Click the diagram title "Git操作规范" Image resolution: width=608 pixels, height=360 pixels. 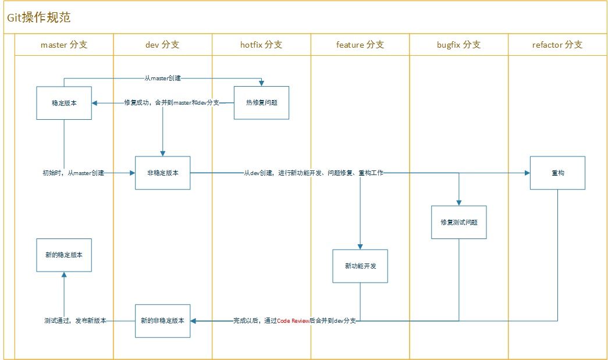pos(38,17)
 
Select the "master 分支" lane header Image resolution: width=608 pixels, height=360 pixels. pos(64,45)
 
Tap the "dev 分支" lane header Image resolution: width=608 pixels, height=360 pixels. pos(162,45)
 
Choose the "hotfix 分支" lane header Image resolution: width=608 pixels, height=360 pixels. pos(261,45)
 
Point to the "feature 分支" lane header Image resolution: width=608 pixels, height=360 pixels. pos(360,45)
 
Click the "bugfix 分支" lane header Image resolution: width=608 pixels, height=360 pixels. pos(459,45)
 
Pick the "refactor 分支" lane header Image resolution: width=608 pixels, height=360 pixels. pos(557,45)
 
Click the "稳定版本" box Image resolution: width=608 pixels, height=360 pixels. pos(64,103)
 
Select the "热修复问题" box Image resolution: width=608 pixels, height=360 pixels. pos(261,103)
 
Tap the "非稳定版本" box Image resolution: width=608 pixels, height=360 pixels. pos(163,173)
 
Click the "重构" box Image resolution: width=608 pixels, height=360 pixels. pos(557,173)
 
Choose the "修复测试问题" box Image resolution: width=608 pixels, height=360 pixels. pos(459,222)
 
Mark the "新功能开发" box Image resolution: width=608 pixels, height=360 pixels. pos(360,266)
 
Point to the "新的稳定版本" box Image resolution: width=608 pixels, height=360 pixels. pos(64,255)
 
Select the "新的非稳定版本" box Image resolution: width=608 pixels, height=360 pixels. pos(163,320)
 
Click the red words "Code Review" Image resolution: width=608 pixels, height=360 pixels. pos(293,321)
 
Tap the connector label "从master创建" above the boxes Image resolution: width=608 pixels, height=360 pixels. pos(163,78)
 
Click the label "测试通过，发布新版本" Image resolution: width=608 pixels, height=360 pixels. pos(75,320)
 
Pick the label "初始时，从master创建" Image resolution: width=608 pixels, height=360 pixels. pos(73,173)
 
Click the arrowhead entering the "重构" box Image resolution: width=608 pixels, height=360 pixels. pos(527,173)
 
